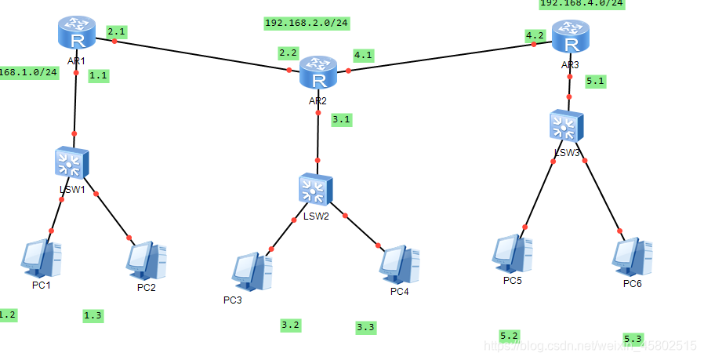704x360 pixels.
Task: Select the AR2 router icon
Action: pos(318,74)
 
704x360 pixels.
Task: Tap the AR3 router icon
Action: pos(569,36)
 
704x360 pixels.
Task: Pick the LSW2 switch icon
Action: pos(316,191)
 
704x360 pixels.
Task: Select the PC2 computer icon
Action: pos(147,260)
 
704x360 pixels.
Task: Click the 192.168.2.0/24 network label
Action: pos(307,24)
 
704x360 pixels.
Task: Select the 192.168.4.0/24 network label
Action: pos(582,3)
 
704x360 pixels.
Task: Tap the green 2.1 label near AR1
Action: pos(117,31)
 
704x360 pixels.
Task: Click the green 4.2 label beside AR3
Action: pos(535,35)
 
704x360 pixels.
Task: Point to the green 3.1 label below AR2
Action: pos(341,120)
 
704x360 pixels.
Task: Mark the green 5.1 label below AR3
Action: pos(595,80)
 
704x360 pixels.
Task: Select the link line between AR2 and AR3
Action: pos(439,57)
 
